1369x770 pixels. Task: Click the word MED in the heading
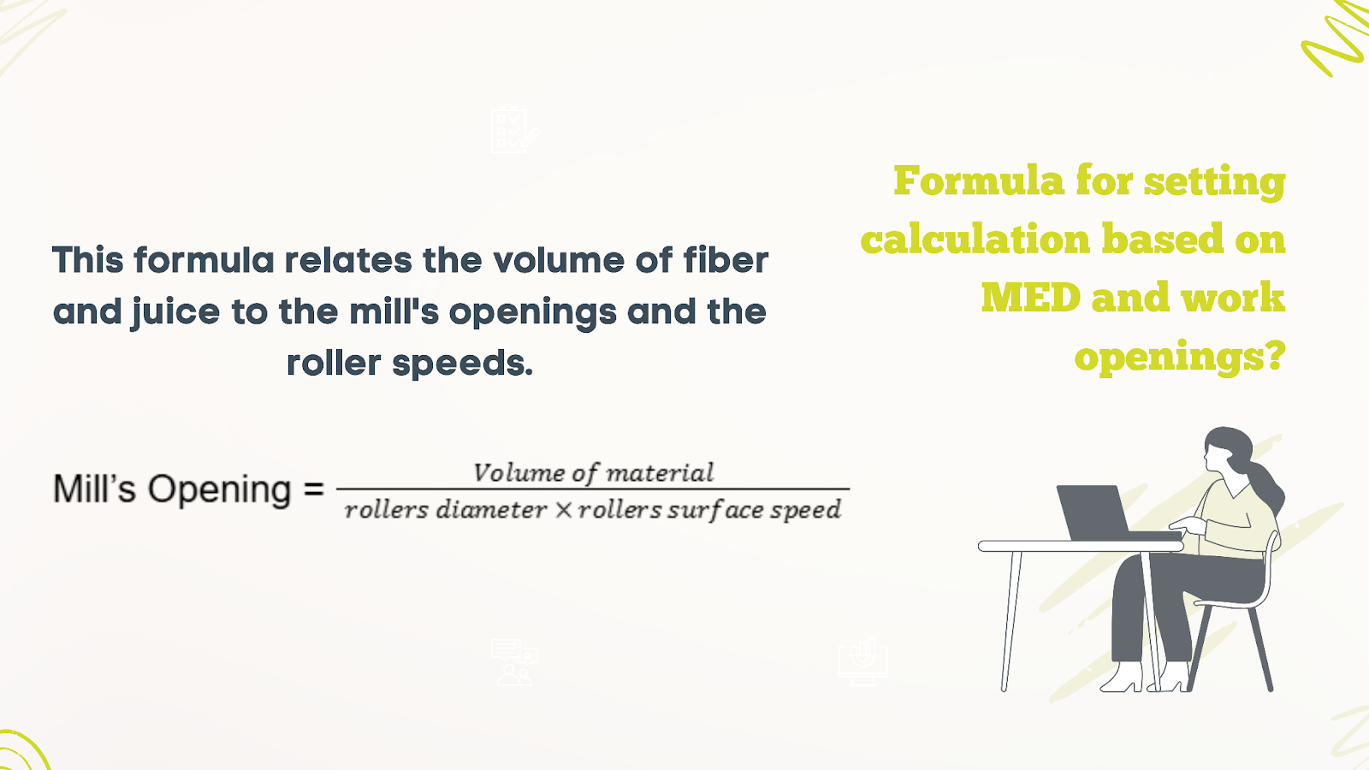(x=1031, y=298)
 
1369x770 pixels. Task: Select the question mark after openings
(x=1274, y=356)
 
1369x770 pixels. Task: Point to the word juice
(x=175, y=312)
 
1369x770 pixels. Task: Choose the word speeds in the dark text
(x=463, y=363)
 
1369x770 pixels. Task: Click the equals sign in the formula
(x=313, y=489)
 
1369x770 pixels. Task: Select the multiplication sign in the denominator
(x=564, y=510)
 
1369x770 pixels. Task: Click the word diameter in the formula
(x=491, y=510)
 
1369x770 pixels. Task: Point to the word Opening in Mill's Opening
(x=219, y=490)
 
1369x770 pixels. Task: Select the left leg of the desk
(x=1011, y=621)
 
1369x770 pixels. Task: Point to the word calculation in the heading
(x=975, y=239)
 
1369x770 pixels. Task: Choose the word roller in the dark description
(x=334, y=363)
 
